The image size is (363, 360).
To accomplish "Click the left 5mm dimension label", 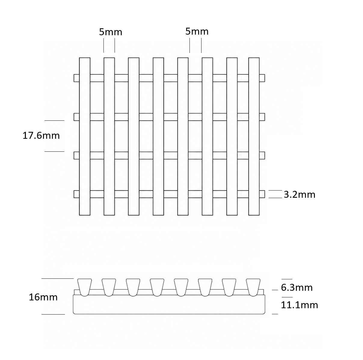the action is pyautogui.click(x=111, y=32).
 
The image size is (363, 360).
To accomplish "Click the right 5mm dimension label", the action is pyautogui.click(x=197, y=32).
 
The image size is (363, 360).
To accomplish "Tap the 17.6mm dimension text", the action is pyautogui.click(x=41, y=135).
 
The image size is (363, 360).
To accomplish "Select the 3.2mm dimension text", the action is pyautogui.click(x=300, y=194).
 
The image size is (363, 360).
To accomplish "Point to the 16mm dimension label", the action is pyautogui.click(x=43, y=297).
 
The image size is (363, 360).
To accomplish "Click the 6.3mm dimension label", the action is pyautogui.click(x=297, y=287).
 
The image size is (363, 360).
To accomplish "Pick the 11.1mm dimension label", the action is pyautogui.click(x=299, y=305).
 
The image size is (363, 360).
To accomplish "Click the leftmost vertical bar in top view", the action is pyautogui.click(x=85, y=136).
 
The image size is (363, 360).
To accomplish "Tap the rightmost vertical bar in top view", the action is pyautogui.click(x=254, y=136).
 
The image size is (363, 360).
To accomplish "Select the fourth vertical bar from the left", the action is pyautogui.click(x=158, y=136).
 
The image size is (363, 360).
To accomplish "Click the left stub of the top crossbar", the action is pyautogui.click(x=76, y=78).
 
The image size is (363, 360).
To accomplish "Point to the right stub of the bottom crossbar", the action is pyautogui.click(x=262, y=194).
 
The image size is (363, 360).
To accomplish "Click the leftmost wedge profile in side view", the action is pyautogui.click(x=85, y=287).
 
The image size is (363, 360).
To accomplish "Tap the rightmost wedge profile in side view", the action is pyautogui.click(x=253, y=287).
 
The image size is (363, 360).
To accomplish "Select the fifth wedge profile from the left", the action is pyautogui.click(x=181, y=287).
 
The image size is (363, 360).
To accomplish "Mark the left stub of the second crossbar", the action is pyautogui.click(x=76, y=117).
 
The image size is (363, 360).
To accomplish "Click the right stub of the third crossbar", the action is pyautogui.click(x=262, y=155).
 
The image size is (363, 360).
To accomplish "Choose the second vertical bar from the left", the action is pyautogui.click(x=109, y=136).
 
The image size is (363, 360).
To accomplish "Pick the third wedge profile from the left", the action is pyautogui.click(x=133, y=287).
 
